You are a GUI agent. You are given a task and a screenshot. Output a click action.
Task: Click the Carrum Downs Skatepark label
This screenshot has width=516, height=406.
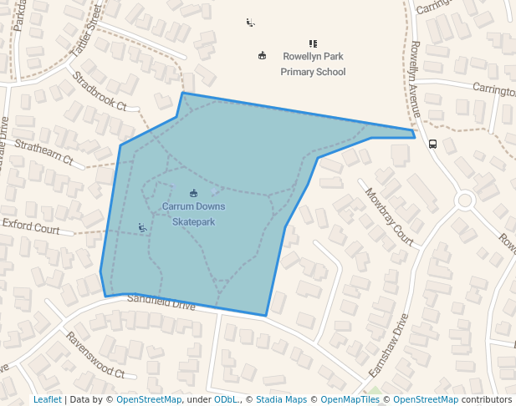(193, 214)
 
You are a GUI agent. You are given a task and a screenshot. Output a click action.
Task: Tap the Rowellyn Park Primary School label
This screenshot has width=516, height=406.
(313, 64)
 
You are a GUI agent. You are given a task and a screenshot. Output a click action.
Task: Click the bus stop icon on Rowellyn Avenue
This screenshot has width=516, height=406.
(432, 144)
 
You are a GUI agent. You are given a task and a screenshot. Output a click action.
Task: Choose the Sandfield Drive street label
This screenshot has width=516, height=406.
(161, 302)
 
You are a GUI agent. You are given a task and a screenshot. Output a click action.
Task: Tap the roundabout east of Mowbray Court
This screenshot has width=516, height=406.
(465, 200)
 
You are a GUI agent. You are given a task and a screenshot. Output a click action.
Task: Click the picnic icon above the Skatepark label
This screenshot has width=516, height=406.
(194, 193)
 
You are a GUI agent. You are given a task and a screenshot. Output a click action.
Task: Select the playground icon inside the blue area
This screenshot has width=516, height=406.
(143, 227)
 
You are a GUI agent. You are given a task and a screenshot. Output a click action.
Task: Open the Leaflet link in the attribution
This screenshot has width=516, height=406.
(48, 399)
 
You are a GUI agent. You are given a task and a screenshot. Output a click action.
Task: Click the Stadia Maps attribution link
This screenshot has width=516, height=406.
(281, 399)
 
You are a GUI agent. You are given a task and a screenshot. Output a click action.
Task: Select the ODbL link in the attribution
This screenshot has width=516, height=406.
(226, 399)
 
